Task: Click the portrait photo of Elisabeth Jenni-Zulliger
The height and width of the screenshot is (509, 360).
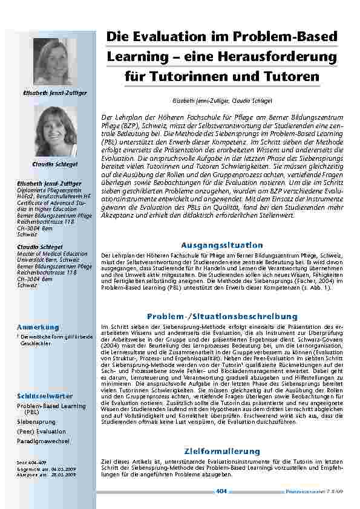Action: coord(55,62)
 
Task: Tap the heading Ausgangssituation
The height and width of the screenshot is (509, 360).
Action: coord(222,245)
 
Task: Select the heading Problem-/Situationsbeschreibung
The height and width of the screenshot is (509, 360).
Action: coord(222,316)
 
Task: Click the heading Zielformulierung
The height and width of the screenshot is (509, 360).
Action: coord(222,452)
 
